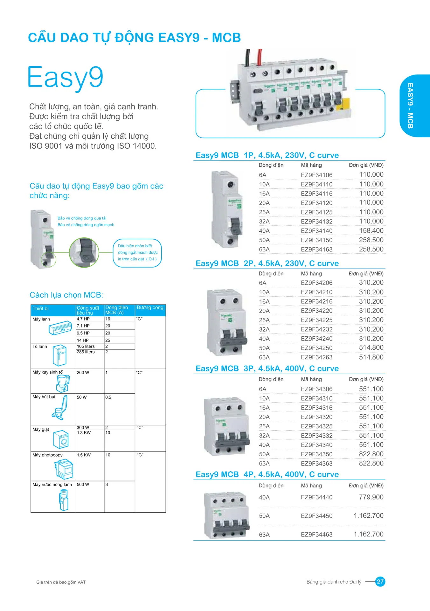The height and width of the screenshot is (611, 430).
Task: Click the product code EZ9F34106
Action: pos(316,175)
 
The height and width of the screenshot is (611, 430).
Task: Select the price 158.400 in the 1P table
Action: pos(371,231)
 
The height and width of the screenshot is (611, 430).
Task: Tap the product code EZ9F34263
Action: pos(316,357)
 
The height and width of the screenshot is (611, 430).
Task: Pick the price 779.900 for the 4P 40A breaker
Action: pos(371,497)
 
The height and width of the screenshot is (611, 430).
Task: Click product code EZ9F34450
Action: pos(316,516)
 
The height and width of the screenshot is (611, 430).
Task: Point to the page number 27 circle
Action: pos(380,582)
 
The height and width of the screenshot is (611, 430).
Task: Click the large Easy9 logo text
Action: pos(66,77)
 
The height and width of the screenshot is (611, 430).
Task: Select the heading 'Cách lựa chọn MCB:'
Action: pos(66,295)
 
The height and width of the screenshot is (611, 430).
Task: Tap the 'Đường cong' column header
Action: pos(150,308)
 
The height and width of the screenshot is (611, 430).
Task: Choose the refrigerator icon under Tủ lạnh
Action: pos(59,355)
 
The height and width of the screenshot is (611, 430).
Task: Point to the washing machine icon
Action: pos(61,439)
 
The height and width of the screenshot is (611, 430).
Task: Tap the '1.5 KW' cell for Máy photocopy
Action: pos(84,455)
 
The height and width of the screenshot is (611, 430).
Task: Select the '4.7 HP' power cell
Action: pos(83,319)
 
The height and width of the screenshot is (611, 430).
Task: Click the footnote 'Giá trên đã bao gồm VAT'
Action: pos(61,582)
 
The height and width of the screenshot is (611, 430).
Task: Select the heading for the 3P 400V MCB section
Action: pos(267,369)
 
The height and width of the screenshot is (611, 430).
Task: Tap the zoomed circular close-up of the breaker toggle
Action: pos(84,252)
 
